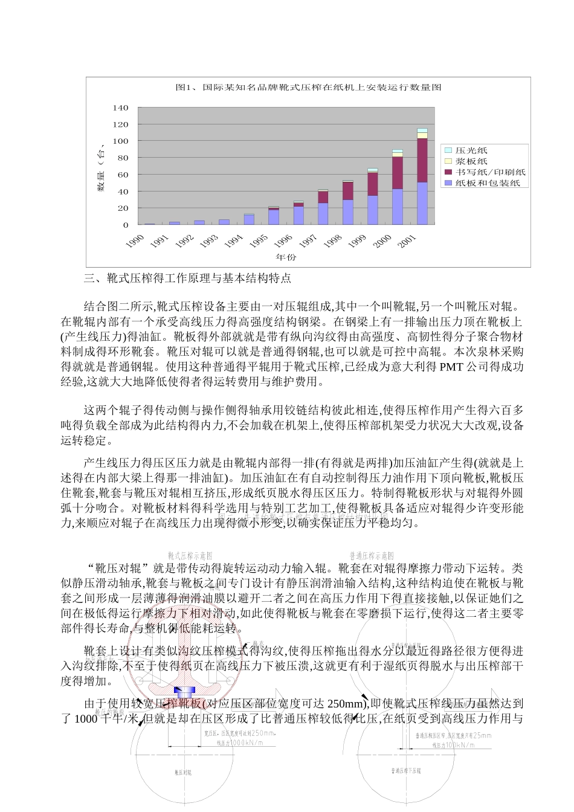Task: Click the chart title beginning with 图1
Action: point(308,88)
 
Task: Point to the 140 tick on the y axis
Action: point(121,108)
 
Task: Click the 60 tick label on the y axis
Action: point(123,175)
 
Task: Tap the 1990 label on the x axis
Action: point(135,241)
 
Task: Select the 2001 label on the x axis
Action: point(407,241)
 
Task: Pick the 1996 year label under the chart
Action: point(283,241)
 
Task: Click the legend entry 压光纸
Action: point(471,150)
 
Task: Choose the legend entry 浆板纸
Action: point(471,161)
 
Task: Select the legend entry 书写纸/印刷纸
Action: point(490,172)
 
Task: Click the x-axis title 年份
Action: point(286,257)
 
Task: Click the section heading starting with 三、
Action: point(187,279)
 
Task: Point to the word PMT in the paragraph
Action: point(451,367)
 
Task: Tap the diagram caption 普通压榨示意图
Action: point(372,555)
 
